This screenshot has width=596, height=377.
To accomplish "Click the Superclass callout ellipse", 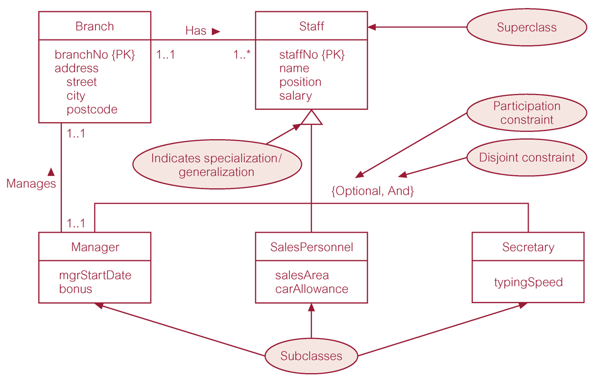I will [526, 27].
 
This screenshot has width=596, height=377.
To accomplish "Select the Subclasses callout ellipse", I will [311, 356].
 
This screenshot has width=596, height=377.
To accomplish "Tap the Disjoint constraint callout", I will [526, 157].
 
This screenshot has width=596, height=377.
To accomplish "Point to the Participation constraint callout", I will [526, 113].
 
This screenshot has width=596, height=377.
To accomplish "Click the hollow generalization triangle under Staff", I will [311, 118].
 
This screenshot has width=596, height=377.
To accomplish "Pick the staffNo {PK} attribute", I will [311, 55].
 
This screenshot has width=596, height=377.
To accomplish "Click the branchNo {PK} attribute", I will [94, 55].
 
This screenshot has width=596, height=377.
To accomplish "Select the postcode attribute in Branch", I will [92, 109].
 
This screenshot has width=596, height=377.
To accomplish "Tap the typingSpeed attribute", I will [528, 282].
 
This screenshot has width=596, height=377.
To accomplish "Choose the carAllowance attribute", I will [312, 289].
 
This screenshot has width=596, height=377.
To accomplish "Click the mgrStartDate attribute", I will [95, 275].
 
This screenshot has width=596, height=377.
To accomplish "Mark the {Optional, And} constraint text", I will [373, 191].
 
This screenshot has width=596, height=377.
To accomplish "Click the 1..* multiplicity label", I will [242, 55].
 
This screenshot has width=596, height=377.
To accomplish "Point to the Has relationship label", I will [196, 31].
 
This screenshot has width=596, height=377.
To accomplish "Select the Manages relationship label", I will [31, 184].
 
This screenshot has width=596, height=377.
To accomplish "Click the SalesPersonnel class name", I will [311, 247].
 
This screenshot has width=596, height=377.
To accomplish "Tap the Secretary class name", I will [528, 247].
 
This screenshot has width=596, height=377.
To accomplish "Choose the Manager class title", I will [95, 247].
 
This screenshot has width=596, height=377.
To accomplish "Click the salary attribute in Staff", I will [295, 96].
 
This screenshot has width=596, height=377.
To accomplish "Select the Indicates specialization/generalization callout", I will [216, 165].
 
